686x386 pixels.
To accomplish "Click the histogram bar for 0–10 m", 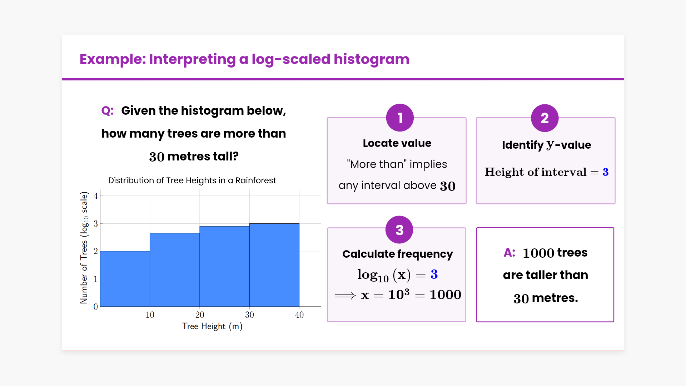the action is click(125, 279).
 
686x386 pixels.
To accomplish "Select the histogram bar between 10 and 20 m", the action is click(175, 270).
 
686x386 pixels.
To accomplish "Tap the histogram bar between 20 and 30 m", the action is click(224, 266).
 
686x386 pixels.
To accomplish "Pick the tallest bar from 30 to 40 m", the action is click(274, 265).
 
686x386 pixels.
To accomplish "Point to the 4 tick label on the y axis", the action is click(95, 196).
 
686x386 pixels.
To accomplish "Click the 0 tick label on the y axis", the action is click(95, 307).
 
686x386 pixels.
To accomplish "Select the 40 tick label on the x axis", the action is click(299, 315).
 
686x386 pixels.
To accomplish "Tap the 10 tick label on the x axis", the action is click(150, 315).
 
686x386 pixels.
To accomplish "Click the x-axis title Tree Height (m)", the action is click(212, 326).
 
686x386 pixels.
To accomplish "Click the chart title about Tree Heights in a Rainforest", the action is click(192, 180).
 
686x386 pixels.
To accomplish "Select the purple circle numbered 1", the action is click(400, 118).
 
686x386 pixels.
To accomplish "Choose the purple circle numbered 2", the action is click(545, 118).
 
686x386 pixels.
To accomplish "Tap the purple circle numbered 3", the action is click(399, 230).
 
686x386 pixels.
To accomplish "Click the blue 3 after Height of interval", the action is click(606, 172).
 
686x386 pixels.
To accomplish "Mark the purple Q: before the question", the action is click(108, 110).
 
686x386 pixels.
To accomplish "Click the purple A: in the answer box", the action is click(509, 252).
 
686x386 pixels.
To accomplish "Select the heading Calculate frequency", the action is click(398, 254).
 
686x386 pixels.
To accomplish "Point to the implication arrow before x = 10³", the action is click(345, 296).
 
